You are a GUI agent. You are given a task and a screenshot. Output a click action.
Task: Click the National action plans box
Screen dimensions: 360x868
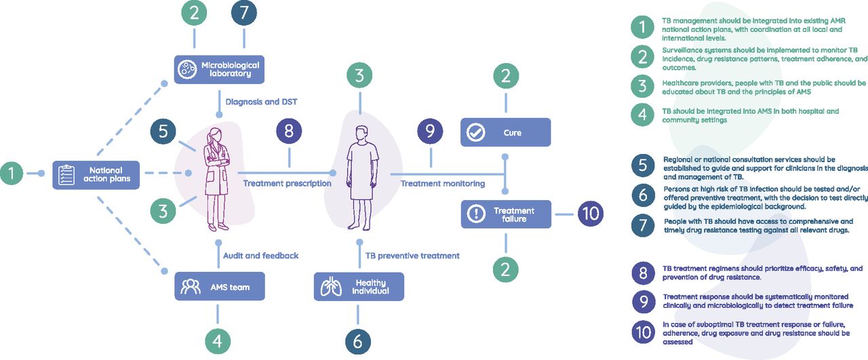pyautogui.click(x=96, y=175)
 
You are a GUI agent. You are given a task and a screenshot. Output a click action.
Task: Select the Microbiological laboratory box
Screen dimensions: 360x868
pyautogui.click(x=218, y=69)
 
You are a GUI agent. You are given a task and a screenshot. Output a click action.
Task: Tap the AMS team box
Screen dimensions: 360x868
pyautogui.click(x=218, y=287)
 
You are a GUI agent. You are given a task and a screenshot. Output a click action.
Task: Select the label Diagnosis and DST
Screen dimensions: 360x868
pyautogui.click(x=260, y=102)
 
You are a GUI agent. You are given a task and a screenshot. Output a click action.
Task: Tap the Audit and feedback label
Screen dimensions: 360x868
pyautogui.click(x=260, y=256)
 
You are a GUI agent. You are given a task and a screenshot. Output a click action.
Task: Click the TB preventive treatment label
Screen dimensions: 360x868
pyautogui.click(x=412, y=256)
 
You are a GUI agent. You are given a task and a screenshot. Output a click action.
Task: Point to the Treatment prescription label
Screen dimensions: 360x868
pyautogui.click(x=287, y=183)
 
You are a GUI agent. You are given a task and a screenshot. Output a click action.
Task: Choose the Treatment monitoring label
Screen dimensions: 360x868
pyautogui.click(x=442, y=183)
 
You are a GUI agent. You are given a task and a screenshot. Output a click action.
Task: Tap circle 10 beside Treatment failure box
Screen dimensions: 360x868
pyautogui.click(x=590, y=214)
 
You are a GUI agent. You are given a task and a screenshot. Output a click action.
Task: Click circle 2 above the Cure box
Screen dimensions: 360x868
pyautogui.click(x=505, y=77)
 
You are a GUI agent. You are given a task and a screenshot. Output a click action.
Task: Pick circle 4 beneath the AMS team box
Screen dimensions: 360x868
pyautogui.click(x=218, y=341)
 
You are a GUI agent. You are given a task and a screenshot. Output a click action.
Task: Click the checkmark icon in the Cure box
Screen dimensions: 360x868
pyautogui.click(x=477, y=132)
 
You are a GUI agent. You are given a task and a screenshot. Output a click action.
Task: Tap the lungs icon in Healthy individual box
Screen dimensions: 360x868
pyautogui.click(x=331, y=287)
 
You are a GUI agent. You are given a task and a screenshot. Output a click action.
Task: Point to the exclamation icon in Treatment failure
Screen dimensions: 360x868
pyautogui.click(x=477, y=214)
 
